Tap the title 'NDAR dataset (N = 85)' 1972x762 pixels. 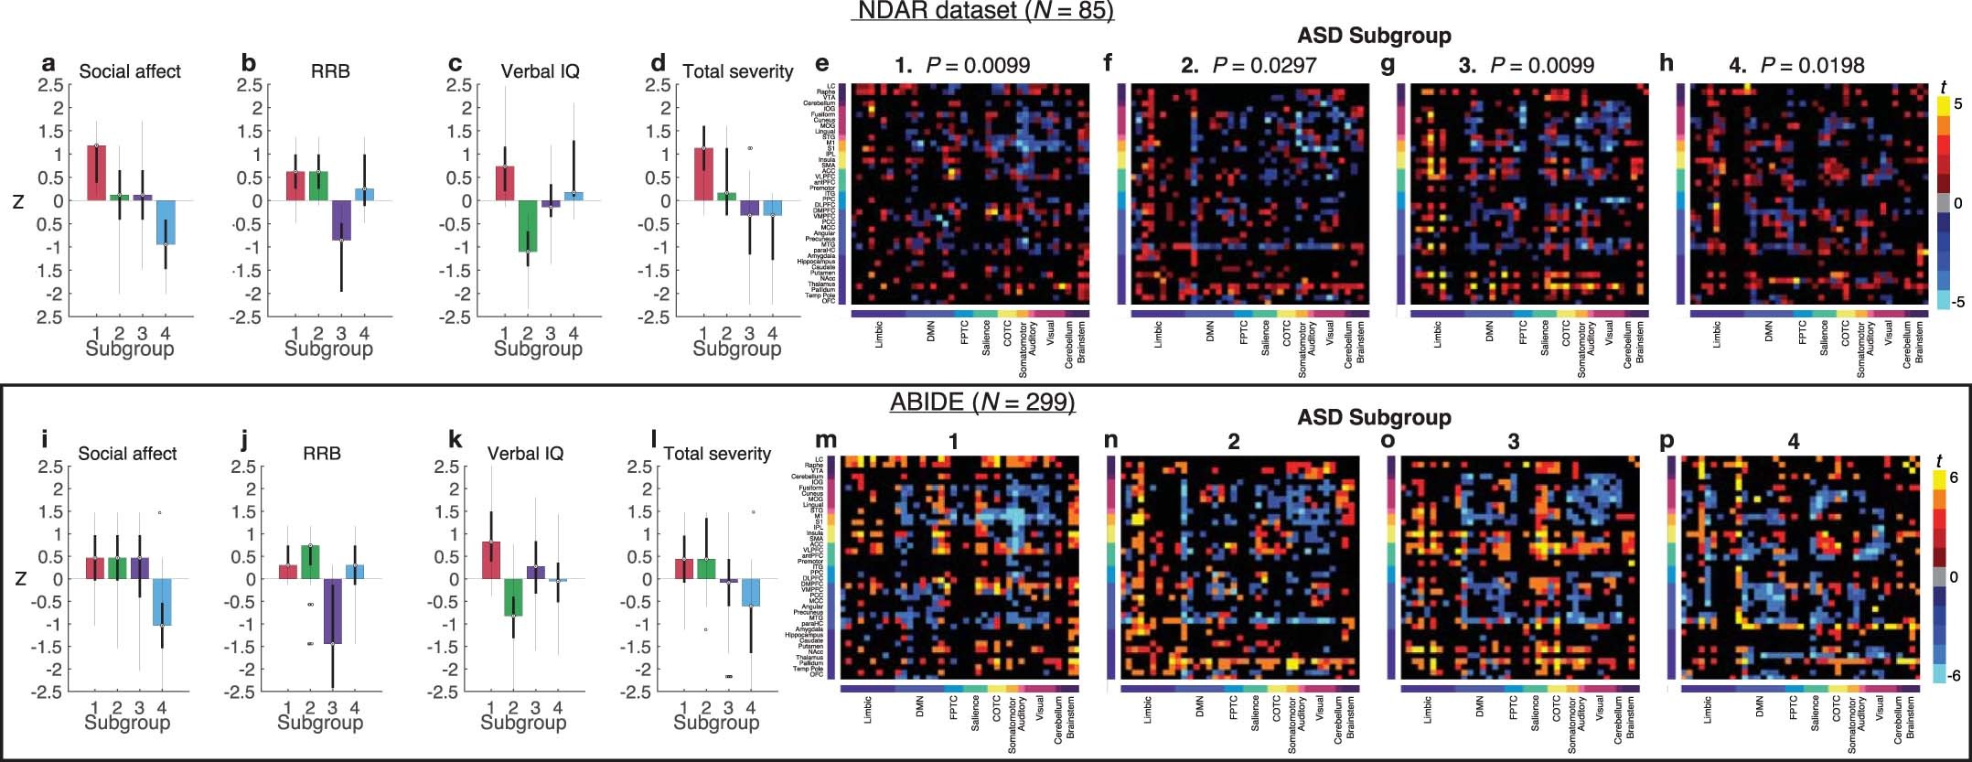983,11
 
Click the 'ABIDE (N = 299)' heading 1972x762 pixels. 983,402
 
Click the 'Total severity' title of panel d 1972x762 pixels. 738,71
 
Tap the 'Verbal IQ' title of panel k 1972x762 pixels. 525,453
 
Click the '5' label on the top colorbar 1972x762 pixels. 1956,104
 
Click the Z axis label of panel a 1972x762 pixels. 17,202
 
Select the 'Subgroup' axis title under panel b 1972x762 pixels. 328,349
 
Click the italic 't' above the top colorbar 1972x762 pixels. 1943,87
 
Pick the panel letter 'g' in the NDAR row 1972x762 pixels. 1388,64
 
